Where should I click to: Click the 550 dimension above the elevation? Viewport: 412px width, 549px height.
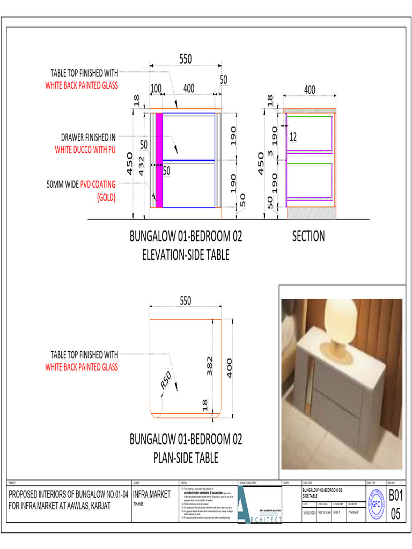[x=185, y=60]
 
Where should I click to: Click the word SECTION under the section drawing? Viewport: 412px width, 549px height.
[x=308, y=236]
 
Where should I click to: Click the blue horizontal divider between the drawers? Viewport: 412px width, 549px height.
[x=189, y=160]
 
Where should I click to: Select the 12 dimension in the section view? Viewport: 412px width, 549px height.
[x=293, y=137]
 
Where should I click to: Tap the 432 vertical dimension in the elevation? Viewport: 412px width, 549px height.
[x=141, y=166]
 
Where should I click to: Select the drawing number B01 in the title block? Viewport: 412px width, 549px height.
[x=395, y=495]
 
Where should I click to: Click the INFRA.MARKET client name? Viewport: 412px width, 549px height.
[x=152, y=494]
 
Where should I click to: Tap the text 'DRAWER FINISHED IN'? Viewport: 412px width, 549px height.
[x=88, y=138]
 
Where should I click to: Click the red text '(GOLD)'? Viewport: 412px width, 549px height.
[x=106, y=197]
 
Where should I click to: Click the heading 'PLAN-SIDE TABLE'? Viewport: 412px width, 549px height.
[x=186, y=458]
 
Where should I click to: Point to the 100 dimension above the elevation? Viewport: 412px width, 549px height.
[x=156, y=88]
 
